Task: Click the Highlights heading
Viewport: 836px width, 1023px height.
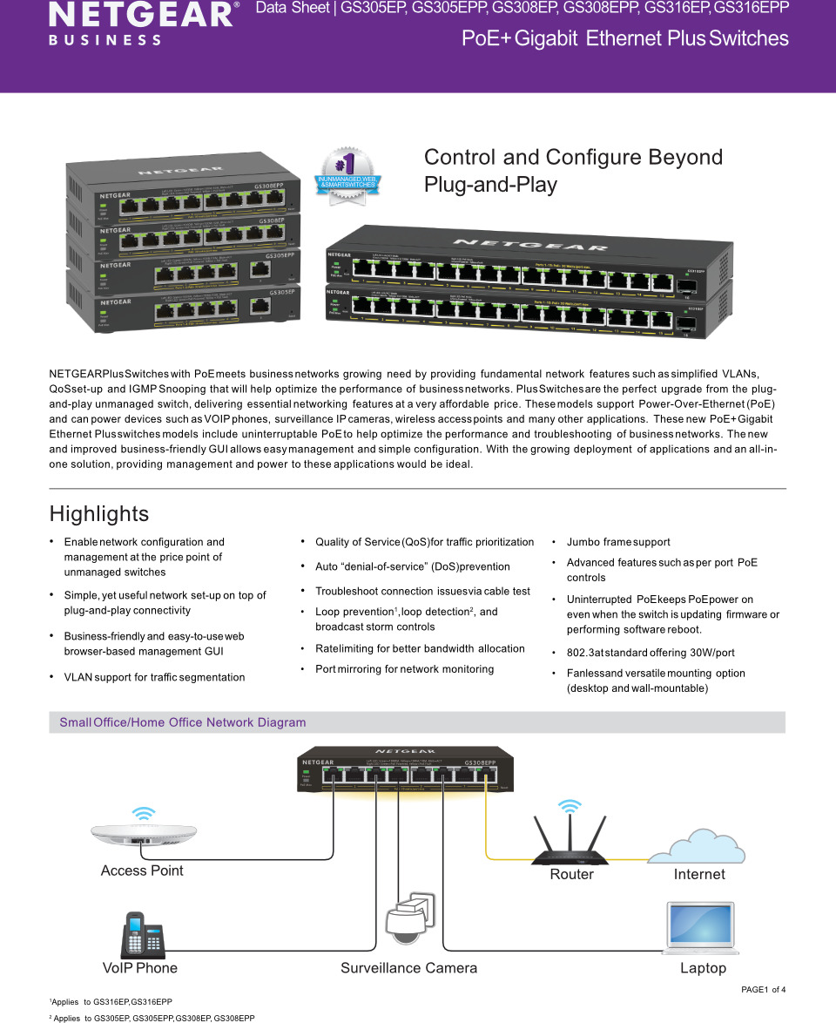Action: click(x=99, y=514)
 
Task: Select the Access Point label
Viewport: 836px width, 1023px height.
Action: click(x=142, y=871)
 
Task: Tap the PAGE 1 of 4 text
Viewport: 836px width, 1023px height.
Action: click(x=763, y=989)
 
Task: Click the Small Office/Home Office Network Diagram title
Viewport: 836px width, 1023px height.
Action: click(x=183, y=722)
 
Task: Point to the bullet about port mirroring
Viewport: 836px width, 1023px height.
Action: click(x=404, y=669)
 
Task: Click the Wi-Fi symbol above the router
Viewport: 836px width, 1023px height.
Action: click(x=570, y=806)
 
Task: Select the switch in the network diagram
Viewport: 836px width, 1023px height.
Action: click(x=406, y=769)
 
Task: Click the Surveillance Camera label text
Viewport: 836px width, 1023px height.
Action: click(x=408, y=968)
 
